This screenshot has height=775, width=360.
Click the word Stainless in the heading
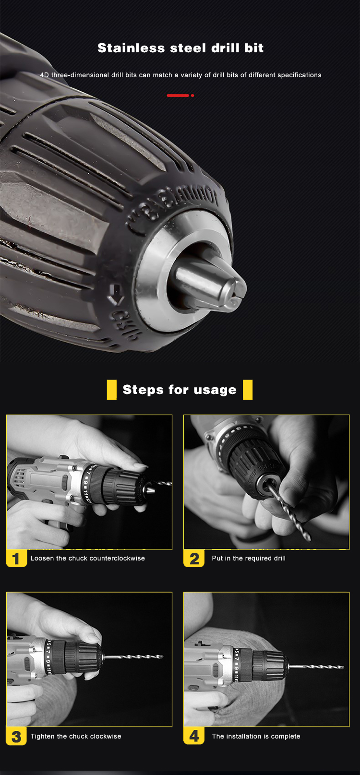131,48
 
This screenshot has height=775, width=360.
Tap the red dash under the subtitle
178,95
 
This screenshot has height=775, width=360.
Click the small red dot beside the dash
192,95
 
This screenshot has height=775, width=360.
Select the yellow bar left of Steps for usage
111,390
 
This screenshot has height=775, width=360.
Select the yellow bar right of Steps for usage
248,390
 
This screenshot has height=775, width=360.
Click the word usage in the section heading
215,390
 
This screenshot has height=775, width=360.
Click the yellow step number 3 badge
16,737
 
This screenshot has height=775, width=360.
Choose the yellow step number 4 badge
194,737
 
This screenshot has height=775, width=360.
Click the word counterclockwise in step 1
117,558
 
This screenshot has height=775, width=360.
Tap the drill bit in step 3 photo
133,656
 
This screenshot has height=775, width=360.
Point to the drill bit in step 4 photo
316,667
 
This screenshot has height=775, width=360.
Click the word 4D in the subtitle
44,75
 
